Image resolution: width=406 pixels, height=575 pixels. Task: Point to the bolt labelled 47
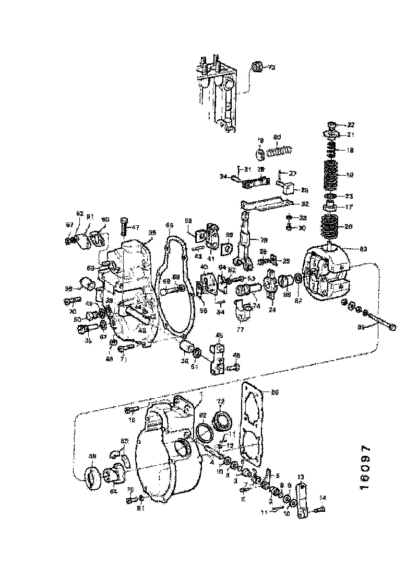pos(124,226)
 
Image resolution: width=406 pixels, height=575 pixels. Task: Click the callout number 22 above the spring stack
pos(351,124)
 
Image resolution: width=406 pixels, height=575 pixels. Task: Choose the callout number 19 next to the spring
pos(350,175)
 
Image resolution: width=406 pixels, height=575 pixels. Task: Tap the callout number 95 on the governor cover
pos(152,233)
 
